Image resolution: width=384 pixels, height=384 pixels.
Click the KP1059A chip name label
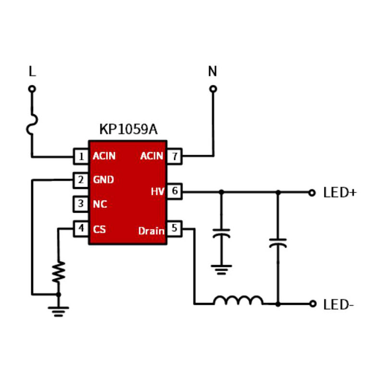(128, 130)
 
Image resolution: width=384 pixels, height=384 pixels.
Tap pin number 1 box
(81, 156)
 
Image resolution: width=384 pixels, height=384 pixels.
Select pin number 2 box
(81, 180)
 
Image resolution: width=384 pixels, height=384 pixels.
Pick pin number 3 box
(81, 204)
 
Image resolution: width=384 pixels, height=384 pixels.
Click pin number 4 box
(81, 228)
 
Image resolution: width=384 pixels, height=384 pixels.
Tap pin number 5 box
(174, 229)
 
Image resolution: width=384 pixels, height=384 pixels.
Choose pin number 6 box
(174, 192)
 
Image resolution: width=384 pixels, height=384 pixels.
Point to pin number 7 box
(174, 156)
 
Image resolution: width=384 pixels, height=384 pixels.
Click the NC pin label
(100, 204)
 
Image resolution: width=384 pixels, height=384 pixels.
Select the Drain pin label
(151, 231)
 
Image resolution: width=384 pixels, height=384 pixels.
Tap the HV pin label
(157, 192)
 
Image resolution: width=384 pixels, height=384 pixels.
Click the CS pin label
(99, 229)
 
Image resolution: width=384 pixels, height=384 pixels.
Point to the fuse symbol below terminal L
(32, 123)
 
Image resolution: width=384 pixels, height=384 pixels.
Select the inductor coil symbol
(238, 300)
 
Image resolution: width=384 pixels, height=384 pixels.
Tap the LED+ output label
(340, 193)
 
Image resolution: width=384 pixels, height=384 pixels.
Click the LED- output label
(338, 304)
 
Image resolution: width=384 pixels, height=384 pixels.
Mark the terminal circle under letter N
(213, 89)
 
